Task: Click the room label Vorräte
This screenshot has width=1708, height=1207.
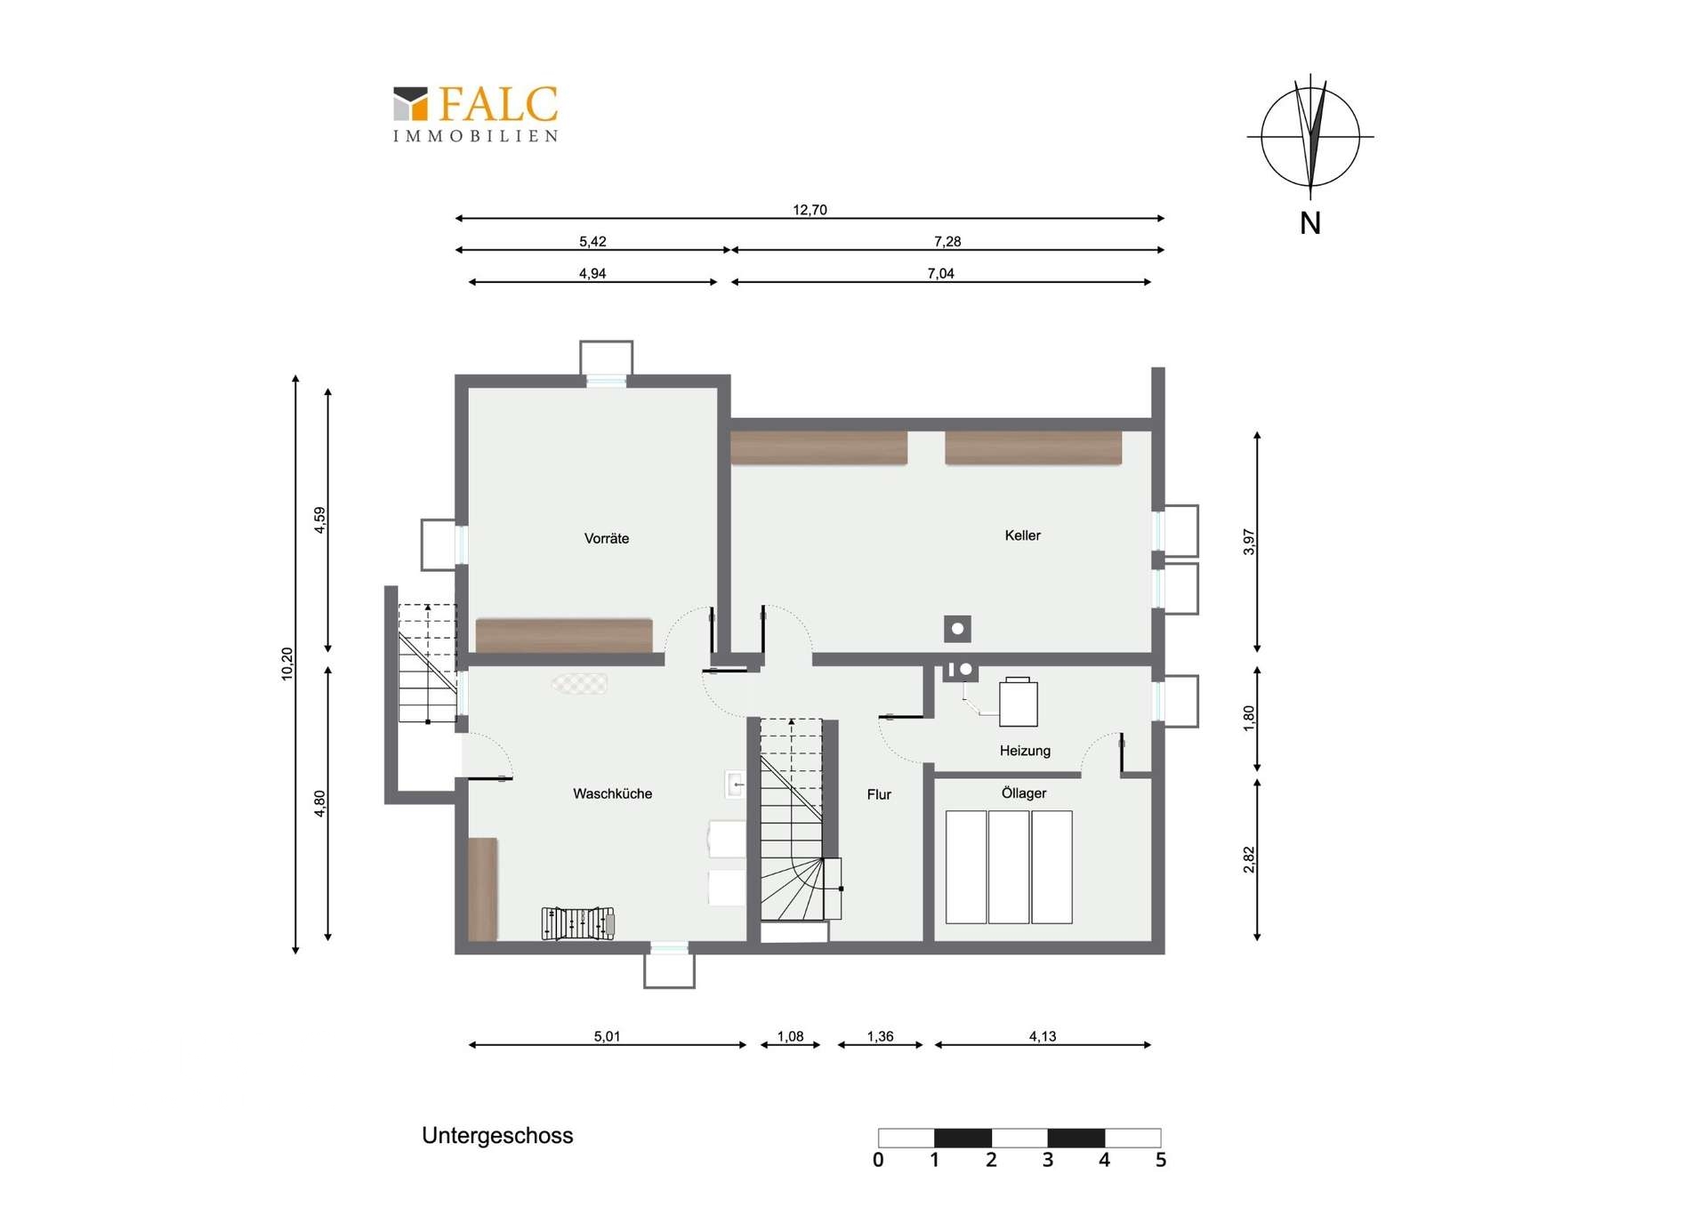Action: pyautogui.click(x=607, y=538)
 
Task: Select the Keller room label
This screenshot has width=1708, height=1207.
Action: pyautogui.click(x=1022, y=535)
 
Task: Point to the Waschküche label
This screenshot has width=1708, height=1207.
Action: pyautogui.click(x=612, y=793)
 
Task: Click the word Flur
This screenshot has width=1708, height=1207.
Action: pyautogui.click(x=879, y=794)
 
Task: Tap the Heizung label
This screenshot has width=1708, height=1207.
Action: pyautogui.click(x=1025, y=751)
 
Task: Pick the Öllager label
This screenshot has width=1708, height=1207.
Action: pyautogui.click(x=1024, y=793)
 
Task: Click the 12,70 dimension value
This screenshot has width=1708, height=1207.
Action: pyautogui.click(x=810, y=210)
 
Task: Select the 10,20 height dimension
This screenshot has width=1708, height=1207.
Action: pyautogui.click(x=286, y=664)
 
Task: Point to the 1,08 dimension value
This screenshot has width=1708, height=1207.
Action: pyautogui.click(x=790, y=1036)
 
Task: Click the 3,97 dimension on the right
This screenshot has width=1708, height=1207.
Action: pyautogui.click(x=1248, y=542)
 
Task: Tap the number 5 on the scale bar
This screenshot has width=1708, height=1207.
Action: pyautogui.click(x=1161, y=1160)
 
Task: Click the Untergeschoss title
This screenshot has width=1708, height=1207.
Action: pyautogui.click(x=497, y=1136)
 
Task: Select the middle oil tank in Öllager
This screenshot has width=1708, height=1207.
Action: pyautogui.click(x=1009, y=867)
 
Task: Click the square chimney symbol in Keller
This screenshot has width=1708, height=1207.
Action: pyautogui.click(x=957, y=629)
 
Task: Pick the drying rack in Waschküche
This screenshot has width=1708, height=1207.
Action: pyautogui.click(x=578, y=923)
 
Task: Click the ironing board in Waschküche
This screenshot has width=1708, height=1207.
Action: pyautogui.click(x=579, y=683)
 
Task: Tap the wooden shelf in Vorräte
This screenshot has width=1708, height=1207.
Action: pyautogui.click(x=564, y=635)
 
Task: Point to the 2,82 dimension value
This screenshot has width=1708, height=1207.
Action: pyautogui.click(x=1248, y=859)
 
